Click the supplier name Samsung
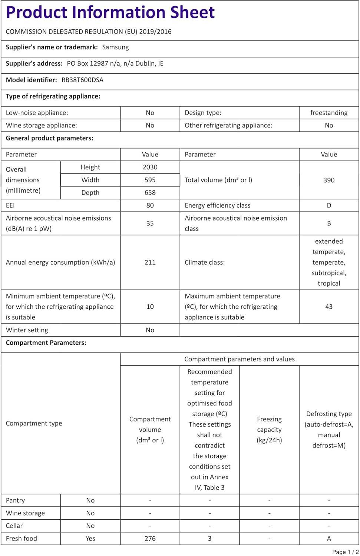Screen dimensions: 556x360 click(115, 47)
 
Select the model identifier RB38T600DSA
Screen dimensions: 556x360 click(82, 80)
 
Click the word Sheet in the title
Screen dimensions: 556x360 click(192, 12)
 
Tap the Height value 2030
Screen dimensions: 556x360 click(150, 167)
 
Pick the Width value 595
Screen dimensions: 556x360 click(150, 180)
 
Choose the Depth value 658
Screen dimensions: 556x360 click(150, 192)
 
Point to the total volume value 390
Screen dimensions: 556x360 click(329, 180)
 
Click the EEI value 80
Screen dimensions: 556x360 click(150, 205)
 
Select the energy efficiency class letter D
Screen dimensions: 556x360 click(329, 205)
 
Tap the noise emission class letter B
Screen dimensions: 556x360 click(329, 224)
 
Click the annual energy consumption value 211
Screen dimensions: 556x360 click(150, 262)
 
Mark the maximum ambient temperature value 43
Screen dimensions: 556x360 click(329, 307)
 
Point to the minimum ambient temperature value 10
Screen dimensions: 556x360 click(150, 307)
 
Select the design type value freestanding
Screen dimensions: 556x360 click(329, 113)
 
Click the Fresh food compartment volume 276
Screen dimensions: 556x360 click(150, 539)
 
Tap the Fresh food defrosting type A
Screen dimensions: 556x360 click(329, 539)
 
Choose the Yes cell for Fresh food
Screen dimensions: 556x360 click(90, 539)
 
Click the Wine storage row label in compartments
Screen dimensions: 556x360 click(25, 513)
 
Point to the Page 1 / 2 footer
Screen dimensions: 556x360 click(345, 552)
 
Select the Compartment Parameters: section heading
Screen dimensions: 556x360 click(46, 343)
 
